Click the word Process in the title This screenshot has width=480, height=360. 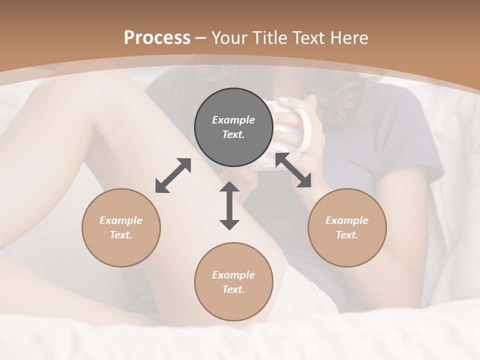157,38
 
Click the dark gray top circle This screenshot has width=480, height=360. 233,127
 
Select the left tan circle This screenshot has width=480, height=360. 121,227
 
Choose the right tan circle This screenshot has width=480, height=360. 347,227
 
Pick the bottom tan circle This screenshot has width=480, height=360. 233,282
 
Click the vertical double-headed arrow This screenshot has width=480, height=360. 229,205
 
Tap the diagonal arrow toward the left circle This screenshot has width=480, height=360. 173,175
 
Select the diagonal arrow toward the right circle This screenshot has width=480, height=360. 293,170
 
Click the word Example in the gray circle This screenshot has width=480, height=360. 233,120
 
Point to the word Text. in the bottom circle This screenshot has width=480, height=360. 233,289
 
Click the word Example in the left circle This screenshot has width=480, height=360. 121,220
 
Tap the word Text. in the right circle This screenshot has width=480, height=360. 347,235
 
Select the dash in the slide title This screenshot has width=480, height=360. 201,38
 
